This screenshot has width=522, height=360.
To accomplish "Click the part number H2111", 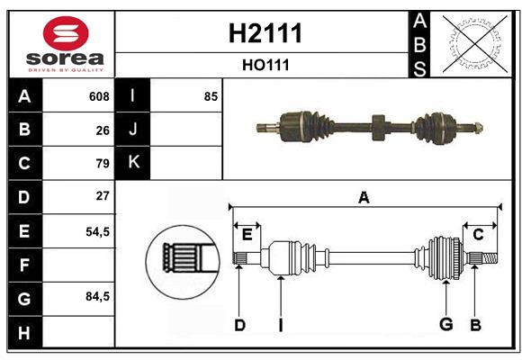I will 264,34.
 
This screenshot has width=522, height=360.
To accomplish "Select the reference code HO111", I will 264,66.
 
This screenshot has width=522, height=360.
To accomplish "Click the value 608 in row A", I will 99,96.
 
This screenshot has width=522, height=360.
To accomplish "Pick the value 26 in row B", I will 103,130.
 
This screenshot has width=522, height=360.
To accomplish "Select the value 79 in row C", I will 103,164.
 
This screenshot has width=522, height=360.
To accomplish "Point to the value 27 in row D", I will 103,196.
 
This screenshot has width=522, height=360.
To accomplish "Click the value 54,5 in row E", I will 97,230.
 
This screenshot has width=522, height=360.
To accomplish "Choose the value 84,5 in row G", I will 97,296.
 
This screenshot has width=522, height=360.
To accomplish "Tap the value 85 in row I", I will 211,96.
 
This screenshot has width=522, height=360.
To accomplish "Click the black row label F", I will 24,265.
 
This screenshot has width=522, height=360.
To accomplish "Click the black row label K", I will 133,163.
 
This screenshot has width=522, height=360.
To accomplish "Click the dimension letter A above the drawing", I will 364,198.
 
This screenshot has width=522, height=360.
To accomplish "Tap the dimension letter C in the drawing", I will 478,234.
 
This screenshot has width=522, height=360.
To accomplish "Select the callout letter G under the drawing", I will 445,325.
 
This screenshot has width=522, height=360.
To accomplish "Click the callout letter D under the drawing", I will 239,325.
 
